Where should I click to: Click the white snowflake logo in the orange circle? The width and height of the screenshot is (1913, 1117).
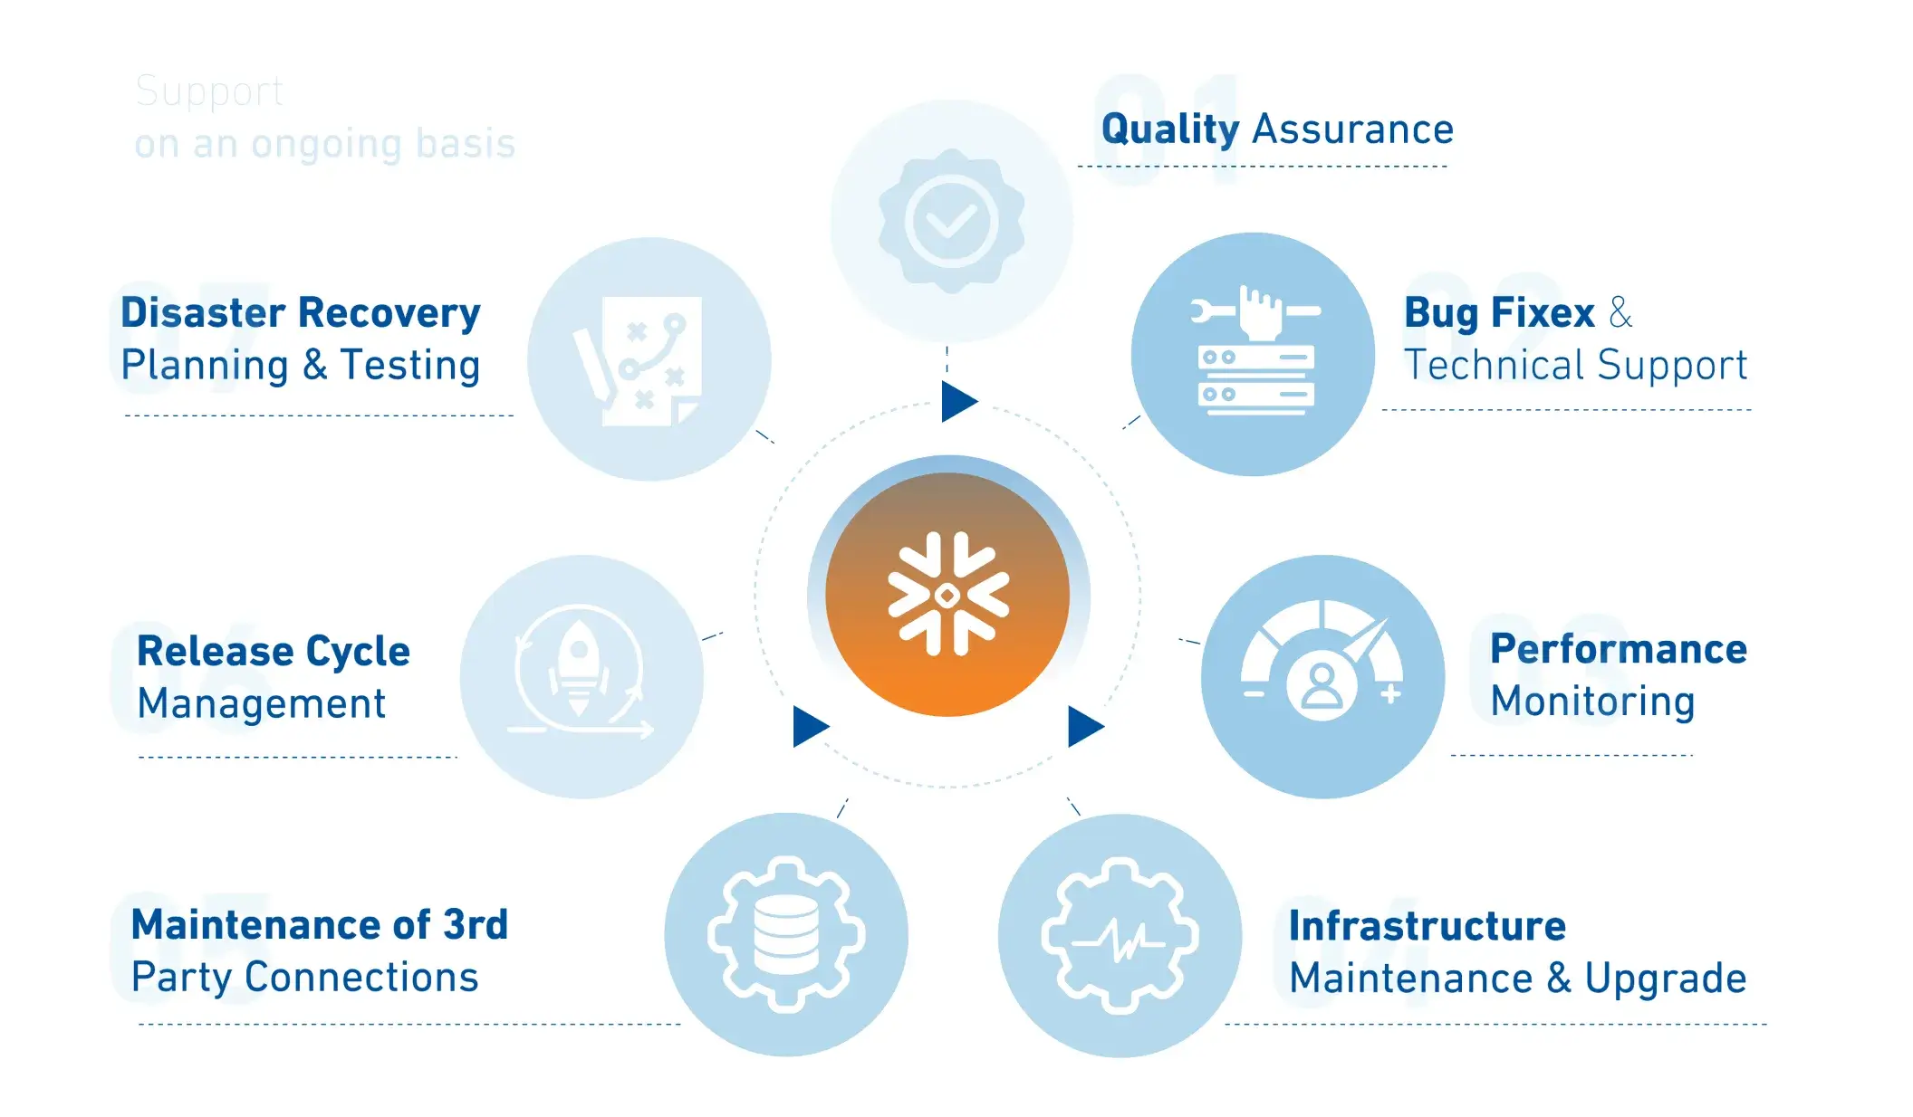[947, 595]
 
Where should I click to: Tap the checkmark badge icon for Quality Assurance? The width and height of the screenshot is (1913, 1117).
[951, 222]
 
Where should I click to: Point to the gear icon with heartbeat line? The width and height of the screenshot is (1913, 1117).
[1120, 935]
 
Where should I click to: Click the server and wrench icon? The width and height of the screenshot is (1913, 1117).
[1255, 353]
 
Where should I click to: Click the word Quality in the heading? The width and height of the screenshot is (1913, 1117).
[1169, 130]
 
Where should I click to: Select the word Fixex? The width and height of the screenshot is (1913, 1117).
[1543, 313]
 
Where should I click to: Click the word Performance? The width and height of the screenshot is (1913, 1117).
[1618, 649]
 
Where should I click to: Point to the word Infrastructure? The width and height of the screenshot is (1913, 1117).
[1427, 926]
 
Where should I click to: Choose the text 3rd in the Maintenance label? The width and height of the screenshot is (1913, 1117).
[475, 925]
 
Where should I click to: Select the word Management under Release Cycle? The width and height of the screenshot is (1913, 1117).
[261, 704]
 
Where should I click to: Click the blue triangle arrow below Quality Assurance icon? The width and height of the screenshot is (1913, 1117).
[958, 401]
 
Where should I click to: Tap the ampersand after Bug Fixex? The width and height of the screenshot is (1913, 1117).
[1620, 313]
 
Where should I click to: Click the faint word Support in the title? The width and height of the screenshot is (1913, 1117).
[209, 92]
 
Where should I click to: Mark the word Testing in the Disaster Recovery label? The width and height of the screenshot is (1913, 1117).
[409, 366]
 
